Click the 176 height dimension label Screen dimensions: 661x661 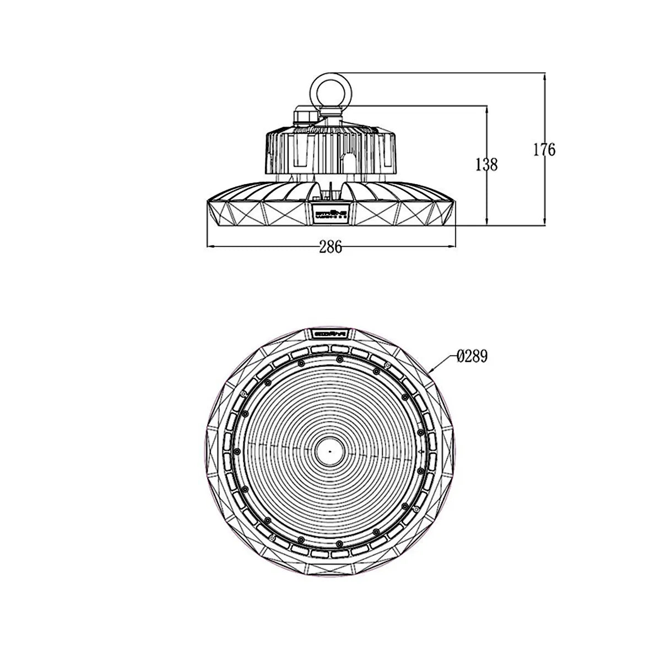(x=544, y=149)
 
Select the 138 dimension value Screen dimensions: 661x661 (x=486, y=164)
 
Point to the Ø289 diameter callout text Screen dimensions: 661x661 (x=472, y=357)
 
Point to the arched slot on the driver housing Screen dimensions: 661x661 (x=349, y=160)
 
